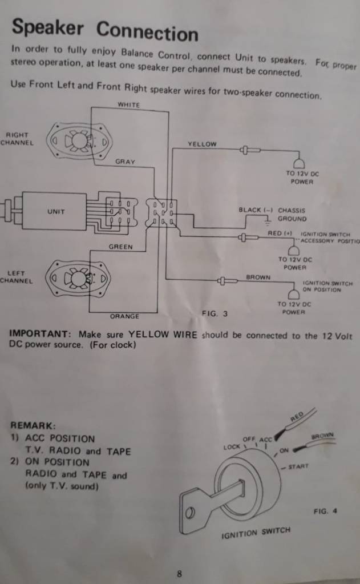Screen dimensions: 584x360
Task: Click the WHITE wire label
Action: click(x=128, y=104)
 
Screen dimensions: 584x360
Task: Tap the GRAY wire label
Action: click(x=125, y=162)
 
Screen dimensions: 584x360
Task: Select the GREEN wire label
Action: click(x=120, y=247)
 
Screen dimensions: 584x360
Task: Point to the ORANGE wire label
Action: click(x=124, y=316)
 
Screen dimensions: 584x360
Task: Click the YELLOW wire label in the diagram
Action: click(x=202, y=144)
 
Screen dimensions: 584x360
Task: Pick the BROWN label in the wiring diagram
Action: click(x=258, y=277)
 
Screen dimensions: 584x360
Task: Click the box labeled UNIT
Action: click(x=55, y=211)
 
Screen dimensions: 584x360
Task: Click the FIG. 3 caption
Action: click(x=215, y=313)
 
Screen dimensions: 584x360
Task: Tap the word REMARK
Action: click(x=33, y=425)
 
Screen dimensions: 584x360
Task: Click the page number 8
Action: click(x=179, y=574)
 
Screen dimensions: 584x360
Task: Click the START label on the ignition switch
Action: click(x=298, y=466)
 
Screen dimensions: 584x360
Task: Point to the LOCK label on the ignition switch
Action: click(x=232, y=446)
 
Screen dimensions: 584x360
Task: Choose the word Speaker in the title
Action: click(x=47, y=27)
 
